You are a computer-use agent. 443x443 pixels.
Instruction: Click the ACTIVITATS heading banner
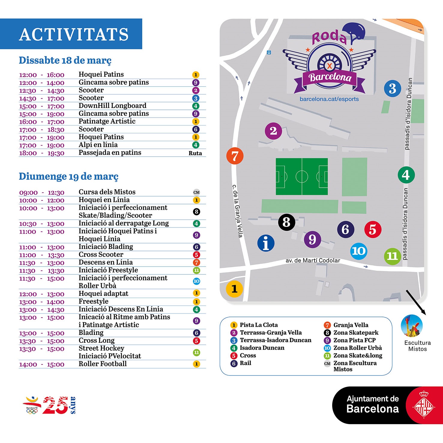coord(74,34)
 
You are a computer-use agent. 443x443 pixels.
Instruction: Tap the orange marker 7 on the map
coord(235,156)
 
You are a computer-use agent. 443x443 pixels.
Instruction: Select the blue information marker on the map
coord(266,243)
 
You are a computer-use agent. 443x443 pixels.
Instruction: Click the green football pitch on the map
coord(302,176)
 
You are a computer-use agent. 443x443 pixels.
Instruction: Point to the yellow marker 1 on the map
coord(234,289)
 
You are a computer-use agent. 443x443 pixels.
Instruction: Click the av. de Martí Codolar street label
coord(313,261)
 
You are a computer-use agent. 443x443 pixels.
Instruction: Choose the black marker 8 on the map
coord(286,222)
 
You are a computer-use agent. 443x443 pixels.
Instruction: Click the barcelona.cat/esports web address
coord(329,99)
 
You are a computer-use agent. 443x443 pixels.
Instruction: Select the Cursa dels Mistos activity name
coord(107,192)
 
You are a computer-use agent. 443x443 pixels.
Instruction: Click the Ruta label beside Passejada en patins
coord(195,153)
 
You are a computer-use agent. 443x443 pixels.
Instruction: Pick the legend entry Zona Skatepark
coord(356,333)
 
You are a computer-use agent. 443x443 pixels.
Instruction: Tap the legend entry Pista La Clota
coord(258,325)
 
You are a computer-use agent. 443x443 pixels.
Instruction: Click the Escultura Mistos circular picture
coord(411,326)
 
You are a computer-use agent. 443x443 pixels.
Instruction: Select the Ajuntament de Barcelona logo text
coord(372,404)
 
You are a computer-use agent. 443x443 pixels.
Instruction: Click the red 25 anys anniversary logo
coord(56,405)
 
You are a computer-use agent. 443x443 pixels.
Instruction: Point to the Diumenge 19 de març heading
coord(68,176)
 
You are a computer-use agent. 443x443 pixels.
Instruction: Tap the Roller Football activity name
coord(103,364)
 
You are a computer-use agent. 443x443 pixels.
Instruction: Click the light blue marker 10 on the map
coord(358,251)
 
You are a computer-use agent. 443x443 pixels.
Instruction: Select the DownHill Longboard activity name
coord(113,106)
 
